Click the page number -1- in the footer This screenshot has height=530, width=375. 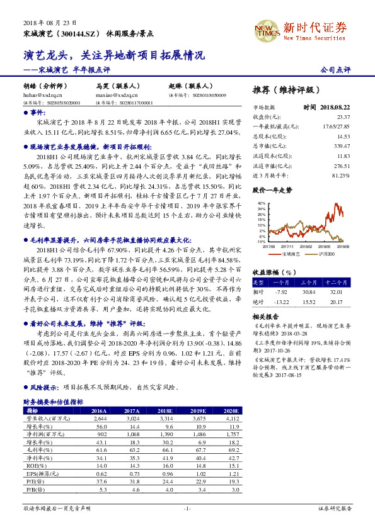pyautogui.click(x=187, y=507)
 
